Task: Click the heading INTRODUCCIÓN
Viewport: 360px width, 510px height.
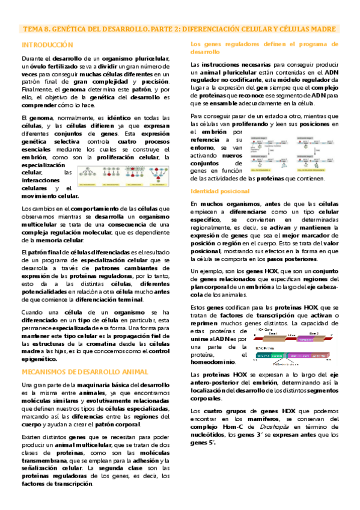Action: pyautogui.click(x=47, y=45)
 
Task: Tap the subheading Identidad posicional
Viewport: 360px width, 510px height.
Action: pyautogui.click(x=220, y=191)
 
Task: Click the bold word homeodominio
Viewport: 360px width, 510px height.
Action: pyautogui.click(x=213, y=362)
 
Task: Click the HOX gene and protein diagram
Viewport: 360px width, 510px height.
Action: pyautogui.click(x=291, y=346)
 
